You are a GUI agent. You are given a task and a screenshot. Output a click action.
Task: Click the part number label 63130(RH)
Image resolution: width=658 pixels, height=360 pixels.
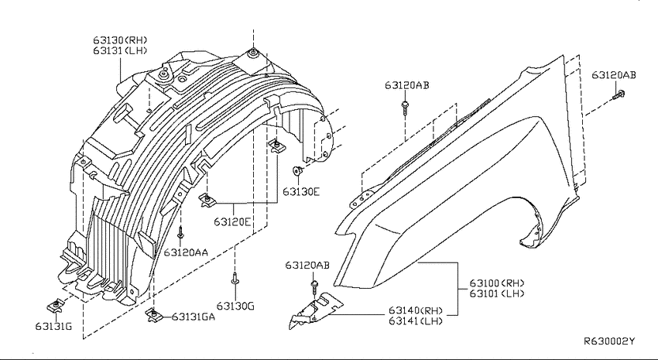(121, 40)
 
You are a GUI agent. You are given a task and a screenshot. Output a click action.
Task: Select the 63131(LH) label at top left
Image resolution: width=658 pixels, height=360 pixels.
(121, 51)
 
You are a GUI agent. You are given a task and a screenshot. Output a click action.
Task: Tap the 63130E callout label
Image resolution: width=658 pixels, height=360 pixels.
(301, 192)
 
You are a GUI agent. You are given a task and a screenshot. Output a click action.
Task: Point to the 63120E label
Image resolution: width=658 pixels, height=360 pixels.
(232, 221)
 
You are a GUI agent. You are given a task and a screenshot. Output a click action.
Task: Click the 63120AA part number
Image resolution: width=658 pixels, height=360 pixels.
(186, 252)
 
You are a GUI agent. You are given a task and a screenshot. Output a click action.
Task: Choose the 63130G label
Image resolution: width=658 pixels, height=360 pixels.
(235, 306)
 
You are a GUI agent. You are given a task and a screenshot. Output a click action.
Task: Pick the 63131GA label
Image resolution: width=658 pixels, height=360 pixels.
(193, 317)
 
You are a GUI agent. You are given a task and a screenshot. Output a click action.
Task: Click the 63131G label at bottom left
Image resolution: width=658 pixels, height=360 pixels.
(53, 326)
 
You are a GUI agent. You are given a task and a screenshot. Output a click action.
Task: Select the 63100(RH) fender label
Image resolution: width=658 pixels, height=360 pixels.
(497, 283)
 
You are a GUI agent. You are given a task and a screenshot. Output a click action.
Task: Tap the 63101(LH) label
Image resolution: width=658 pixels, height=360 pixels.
(497, 293)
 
